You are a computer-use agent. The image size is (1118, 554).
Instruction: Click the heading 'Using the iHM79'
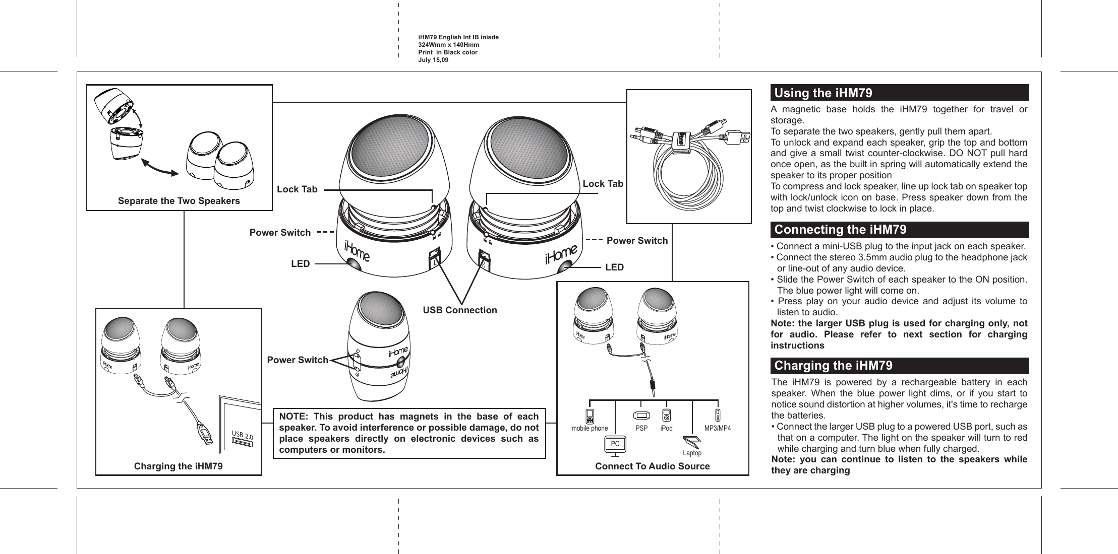(x=823, y=93)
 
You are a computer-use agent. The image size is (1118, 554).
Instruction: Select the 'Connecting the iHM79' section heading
(x=840, y=230)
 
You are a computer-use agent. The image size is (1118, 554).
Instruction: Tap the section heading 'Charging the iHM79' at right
(x=833, y=365)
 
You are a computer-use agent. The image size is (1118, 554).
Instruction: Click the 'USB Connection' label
(x=459, y=310)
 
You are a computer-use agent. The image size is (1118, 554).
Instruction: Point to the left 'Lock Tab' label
(x=297, y=189)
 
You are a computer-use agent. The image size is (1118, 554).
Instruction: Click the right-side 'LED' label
(x=614, y=267)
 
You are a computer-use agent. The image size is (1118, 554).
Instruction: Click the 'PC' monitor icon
(x=615, y=444)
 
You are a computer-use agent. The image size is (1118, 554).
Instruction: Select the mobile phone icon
(x=590, y=417)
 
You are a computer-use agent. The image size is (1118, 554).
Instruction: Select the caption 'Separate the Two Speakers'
(x=179, y=201)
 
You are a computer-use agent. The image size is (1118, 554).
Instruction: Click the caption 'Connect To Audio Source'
(x=652, y=466)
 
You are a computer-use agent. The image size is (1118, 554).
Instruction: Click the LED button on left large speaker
(x=353, y=264)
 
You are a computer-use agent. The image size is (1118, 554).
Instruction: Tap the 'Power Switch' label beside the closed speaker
(x=298, y=360)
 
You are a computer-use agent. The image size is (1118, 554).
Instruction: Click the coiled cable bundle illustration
(x=688, y=171)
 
